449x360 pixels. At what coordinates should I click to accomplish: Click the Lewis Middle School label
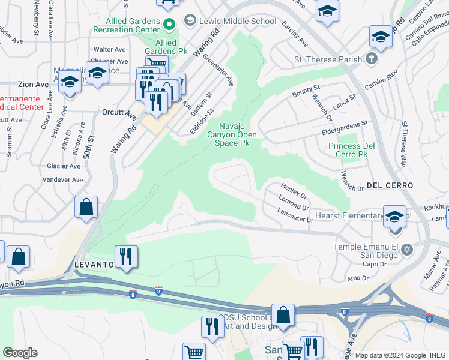pyautogui.click(x=238, y=22)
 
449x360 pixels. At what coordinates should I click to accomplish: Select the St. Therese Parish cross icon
pyautogui.click(x=372, y=59)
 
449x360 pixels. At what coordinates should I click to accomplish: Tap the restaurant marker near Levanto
pyautogui.click(x=126, y=256)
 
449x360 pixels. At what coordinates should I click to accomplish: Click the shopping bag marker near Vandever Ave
pyautogui.click(x=86, y=207)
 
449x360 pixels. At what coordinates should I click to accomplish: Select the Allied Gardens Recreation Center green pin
pyautogui.click(x=169, y=25)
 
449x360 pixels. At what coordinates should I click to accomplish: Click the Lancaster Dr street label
pyautogui.click(x=295, y=215)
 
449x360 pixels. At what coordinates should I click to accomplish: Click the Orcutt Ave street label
pyautogui.click(x=120, y=112)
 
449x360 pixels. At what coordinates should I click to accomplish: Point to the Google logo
pyautogui.click(x=20, y=353)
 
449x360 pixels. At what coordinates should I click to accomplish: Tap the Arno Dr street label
pyautogui.click(x=357, y=278)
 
